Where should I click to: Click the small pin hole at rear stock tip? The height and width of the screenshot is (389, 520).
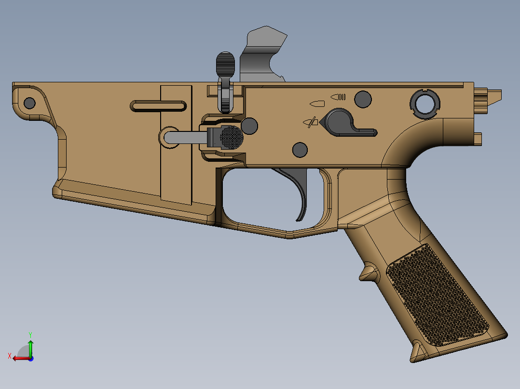(29, 103)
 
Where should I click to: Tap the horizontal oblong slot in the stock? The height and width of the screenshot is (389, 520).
(158, 106)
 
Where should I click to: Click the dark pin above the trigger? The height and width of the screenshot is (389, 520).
(300, 149)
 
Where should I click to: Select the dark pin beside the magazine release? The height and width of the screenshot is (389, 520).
(249, 126)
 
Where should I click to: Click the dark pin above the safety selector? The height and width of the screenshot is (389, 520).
(363, 99)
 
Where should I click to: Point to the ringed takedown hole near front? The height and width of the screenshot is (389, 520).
(425, 103)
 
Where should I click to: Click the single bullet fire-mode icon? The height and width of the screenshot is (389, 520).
(317, 103)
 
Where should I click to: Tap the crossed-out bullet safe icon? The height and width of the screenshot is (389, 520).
(311, 122)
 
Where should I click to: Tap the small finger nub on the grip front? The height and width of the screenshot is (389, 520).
(368, 272)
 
